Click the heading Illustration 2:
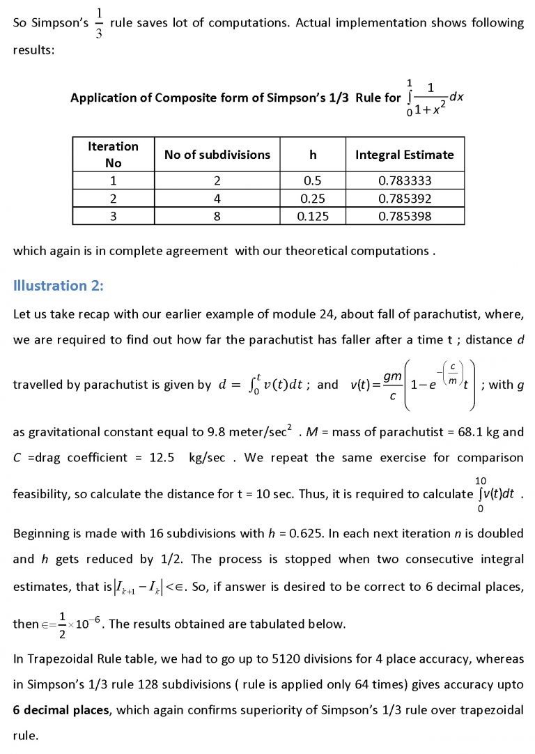(x=58, y=285)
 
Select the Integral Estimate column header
(x=404, y=155)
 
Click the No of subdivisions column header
(x=217, y=155)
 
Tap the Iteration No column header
(x=113, y=155)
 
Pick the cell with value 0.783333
(x=404, y=181)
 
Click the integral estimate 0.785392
(x=404, y=199)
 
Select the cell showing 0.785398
(x=404, y=216)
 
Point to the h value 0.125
(x=313, y=216)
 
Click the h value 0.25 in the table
(x=313, y=199)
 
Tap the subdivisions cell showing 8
(x=217, y=216)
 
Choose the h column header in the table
(x=313, y=155)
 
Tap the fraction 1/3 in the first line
(x=98, y=24)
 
